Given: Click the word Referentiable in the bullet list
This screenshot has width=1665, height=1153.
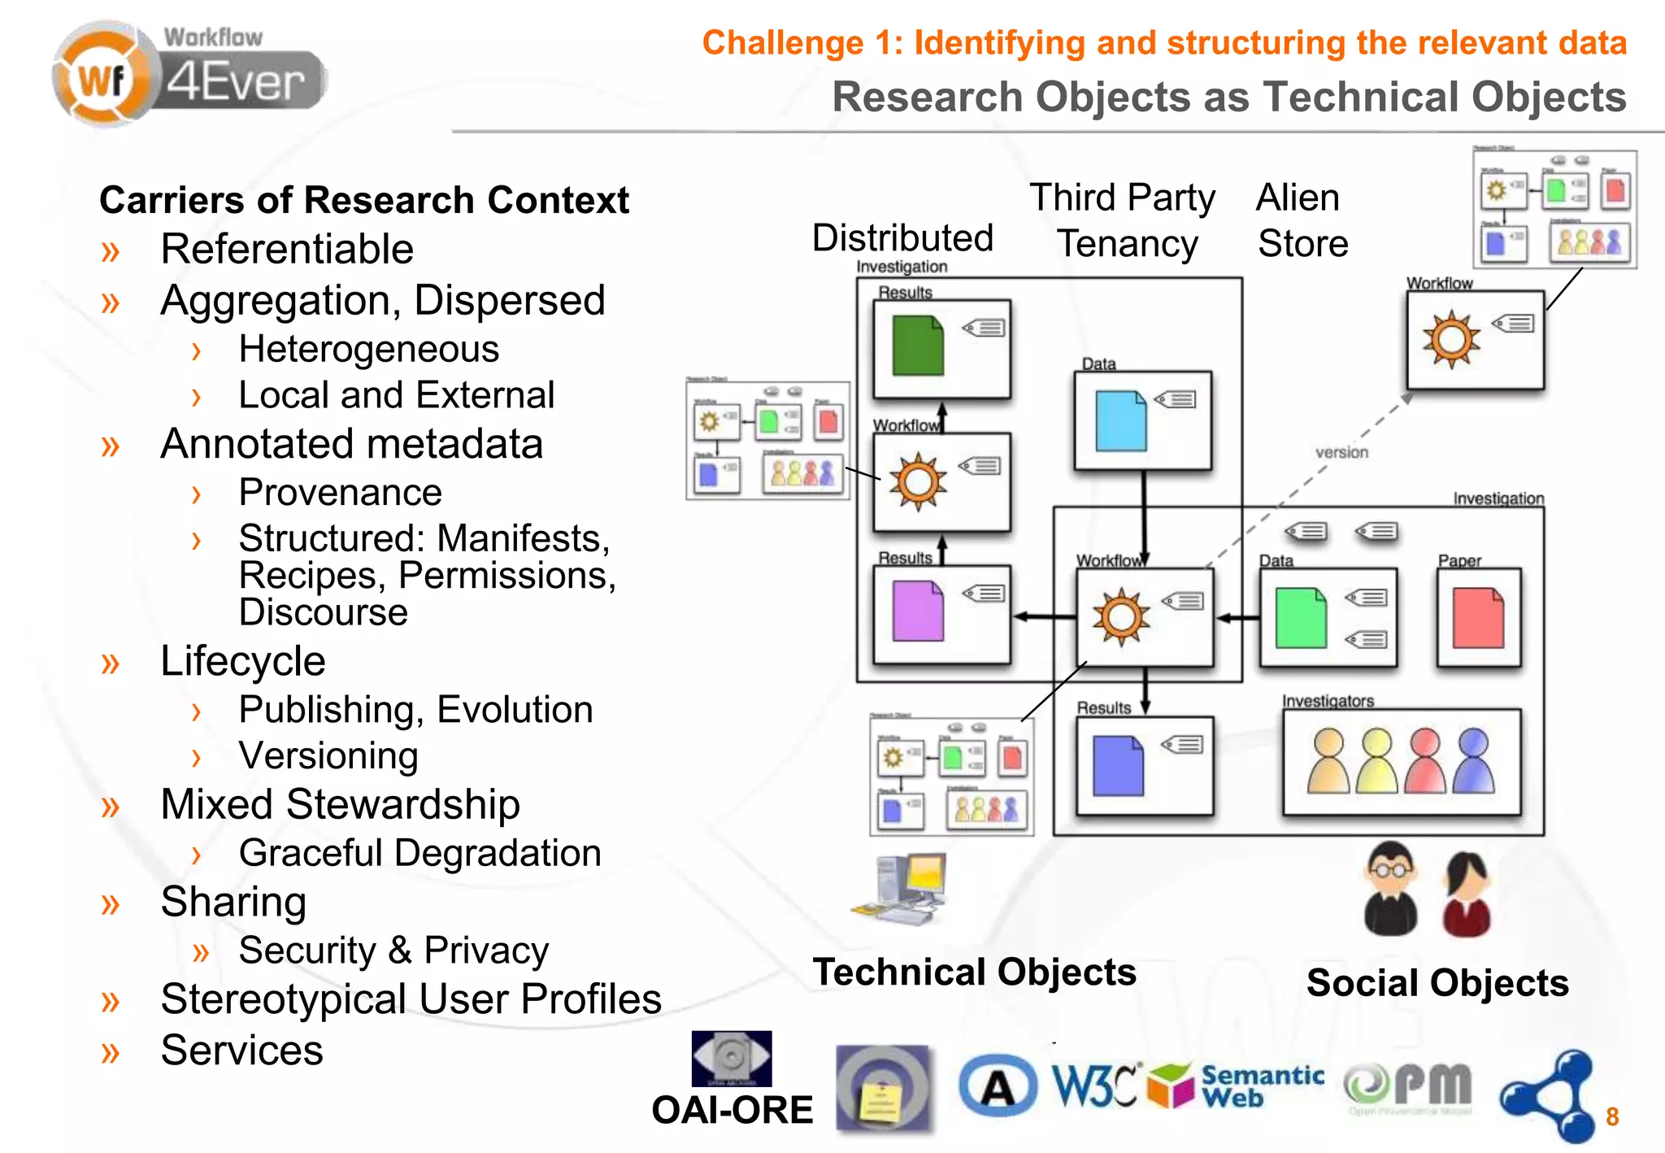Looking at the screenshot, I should click(287, 249).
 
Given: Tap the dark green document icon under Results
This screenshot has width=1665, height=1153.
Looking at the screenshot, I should click(918, 346).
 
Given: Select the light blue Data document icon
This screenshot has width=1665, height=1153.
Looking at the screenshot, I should click(1120, 420).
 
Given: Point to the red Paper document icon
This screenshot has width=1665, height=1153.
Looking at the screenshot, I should click(1477, 618).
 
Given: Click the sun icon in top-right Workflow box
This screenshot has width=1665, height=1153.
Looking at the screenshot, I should click(1451, 339).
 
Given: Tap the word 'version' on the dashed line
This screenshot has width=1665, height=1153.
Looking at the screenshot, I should click(1341, 452).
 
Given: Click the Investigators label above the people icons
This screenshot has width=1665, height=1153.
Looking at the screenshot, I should click(1328, 701).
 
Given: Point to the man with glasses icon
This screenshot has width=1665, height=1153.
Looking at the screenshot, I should click(1390, 890).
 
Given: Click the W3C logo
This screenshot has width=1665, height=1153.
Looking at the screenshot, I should click(1094, 1086).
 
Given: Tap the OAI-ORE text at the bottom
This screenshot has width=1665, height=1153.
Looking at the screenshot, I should click(732, 1111).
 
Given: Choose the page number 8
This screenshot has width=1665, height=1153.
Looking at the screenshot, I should click(1612, 1117).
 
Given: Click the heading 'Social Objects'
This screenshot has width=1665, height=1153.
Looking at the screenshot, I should click(1437, 983).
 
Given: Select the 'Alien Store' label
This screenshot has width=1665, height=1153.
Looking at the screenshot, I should click(1302, 220).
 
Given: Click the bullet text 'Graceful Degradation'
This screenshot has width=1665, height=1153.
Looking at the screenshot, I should click(420, 853).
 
